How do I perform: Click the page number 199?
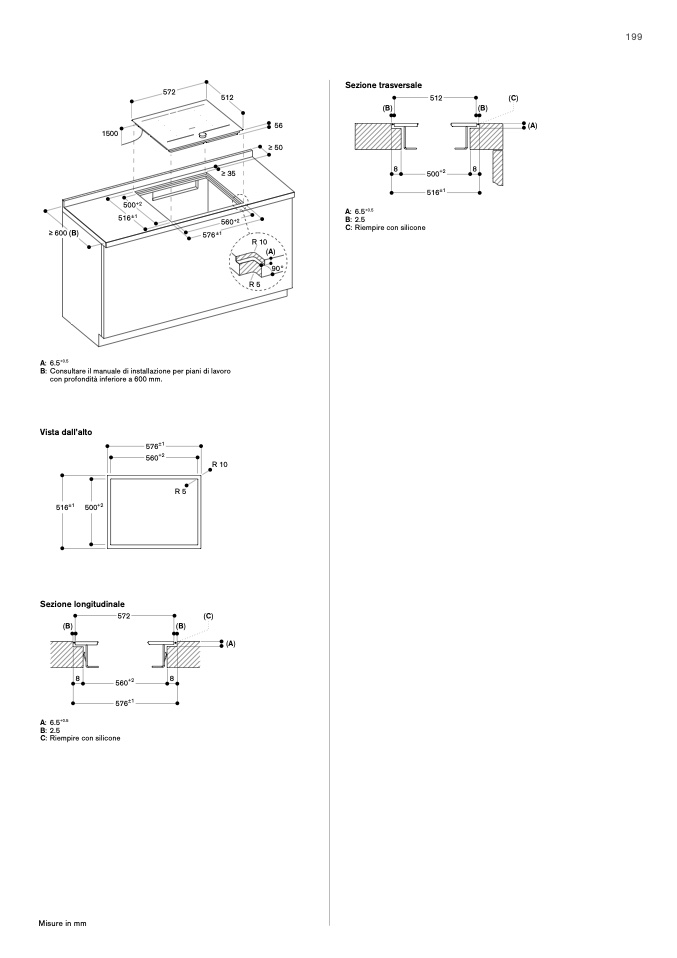click(634, 37)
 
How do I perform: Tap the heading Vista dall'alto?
click(66, 432)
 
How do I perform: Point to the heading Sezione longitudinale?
click(75, 604)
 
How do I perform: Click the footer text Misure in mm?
click(63, 922)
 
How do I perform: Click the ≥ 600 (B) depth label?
click(62, 233)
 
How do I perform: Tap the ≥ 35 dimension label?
click(229, 173)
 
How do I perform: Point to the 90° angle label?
click(276, 268)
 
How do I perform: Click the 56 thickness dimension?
click(278, 126)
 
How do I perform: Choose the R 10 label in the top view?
click(220, 464)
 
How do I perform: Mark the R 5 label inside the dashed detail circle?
click(254, 285)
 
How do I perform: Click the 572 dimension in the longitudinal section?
click(124, 617)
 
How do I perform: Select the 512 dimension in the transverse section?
click(436, 98)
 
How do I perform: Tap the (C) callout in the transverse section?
click(512, 98)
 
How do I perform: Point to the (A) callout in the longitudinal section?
click(229, 643)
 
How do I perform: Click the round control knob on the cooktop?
click(202, 132)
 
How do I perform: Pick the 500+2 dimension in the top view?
click(94, 507)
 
